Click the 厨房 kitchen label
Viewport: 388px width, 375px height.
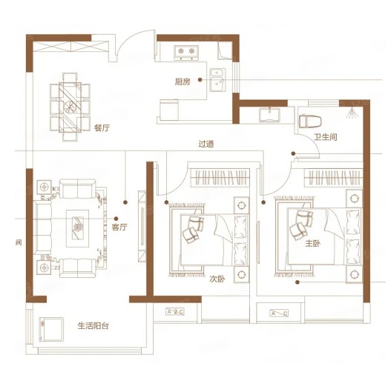(x=183, y=82)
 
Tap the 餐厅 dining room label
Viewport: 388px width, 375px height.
(x=102, y=127)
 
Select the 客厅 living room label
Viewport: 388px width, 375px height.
(x=119, y=227)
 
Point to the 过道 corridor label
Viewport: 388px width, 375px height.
(x=206, y=144)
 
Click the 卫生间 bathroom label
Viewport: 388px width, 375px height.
(x=326, y=137)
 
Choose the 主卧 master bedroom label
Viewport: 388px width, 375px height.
(x=313, y=244)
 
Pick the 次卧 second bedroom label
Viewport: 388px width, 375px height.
(x=217, y=279)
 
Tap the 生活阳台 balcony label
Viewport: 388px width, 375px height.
(x=93, y=325)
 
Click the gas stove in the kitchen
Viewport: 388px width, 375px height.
(x=186, y=53)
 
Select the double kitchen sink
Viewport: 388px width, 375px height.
(x=217, y=80)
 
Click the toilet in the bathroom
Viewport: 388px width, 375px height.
(x=310, y=121)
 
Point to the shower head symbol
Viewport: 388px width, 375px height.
(x=352, y=113)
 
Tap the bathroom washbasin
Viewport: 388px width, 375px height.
(x=269, y=115)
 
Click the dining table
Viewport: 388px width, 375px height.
(x=70, y=107)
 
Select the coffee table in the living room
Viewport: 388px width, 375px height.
(x=77, y=228)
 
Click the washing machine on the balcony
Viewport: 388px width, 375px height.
(x=51, y=330)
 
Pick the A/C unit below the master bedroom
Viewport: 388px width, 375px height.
(x=279, y=313)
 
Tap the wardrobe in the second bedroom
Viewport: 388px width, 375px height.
(x=220, y=178)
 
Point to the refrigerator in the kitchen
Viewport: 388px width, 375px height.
(x=169, y=110)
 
